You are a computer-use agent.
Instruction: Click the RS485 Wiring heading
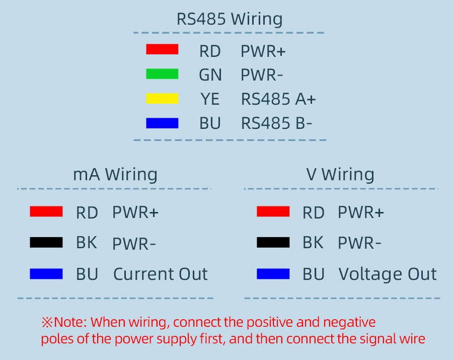229,19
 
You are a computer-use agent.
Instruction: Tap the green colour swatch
162,74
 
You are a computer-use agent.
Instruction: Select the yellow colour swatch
162,98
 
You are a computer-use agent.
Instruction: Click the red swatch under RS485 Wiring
162,49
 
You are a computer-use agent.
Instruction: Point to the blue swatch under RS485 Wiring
162,123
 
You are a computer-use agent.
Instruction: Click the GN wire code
210,75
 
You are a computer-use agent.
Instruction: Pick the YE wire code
210,99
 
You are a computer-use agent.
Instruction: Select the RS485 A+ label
278,99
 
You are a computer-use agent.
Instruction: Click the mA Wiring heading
115,174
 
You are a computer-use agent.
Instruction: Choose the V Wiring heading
340,174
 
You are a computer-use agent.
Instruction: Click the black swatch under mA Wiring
46,243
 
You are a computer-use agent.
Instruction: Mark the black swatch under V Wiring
273,243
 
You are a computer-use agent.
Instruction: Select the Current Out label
160,274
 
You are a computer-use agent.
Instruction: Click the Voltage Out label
388,274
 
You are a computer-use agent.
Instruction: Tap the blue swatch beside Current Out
46,274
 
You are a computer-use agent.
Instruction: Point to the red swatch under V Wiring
273,211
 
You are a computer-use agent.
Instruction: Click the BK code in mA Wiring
87,243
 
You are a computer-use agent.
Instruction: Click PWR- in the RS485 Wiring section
262,75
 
